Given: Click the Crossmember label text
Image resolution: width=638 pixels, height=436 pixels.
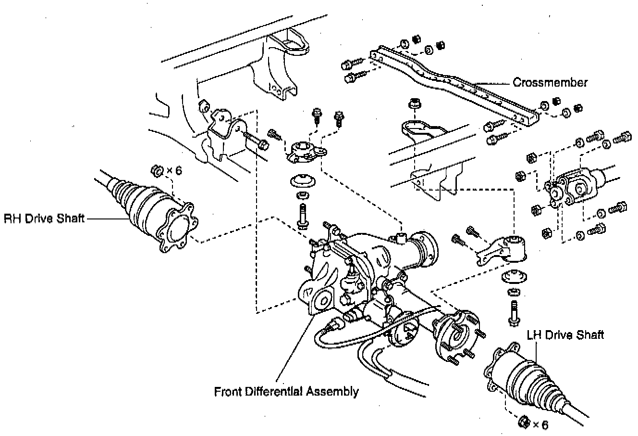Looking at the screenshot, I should [550, 82].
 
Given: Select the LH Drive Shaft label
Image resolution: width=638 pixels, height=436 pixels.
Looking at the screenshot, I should [565, 334].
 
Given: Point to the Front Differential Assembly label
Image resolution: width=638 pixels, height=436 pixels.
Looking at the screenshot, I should [286, 391].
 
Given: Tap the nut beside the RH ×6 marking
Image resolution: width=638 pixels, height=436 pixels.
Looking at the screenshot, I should [156, 170].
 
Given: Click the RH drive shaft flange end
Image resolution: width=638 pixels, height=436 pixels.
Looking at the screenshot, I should [176, 230].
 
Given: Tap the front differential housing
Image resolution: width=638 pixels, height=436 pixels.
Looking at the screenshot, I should [356, 269].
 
